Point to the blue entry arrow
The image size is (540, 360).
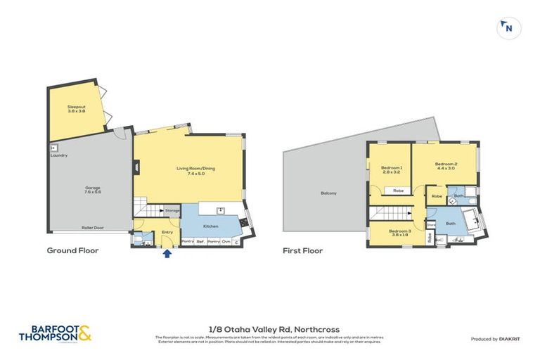[167, 253]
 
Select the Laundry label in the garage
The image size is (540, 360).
[59, 155]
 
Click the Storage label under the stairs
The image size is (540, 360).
[172, 210]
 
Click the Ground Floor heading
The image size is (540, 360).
[72, 250]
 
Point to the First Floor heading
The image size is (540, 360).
[302, 250]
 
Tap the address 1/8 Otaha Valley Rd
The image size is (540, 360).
[269, 327]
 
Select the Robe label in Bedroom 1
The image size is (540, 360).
[397, 191]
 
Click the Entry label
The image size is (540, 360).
[167, 231]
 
